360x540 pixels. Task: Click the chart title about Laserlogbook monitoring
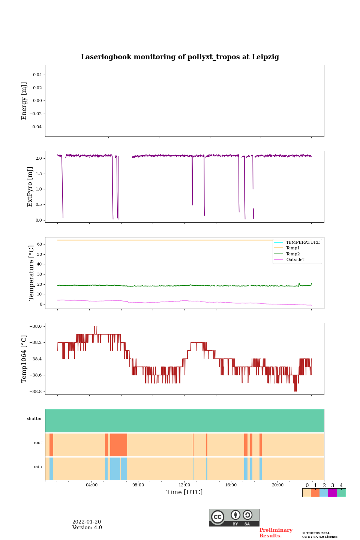[180, 57]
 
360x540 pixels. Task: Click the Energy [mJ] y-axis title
[24, 101]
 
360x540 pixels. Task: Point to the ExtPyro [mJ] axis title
[30, 187]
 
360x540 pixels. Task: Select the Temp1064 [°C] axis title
[24, 359]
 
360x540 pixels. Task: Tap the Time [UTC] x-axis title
[184, 492]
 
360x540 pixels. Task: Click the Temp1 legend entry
[293, 248]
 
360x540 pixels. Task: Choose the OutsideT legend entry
[295, 259]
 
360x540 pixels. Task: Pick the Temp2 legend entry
[293, 254]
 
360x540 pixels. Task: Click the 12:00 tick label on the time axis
[184, 485]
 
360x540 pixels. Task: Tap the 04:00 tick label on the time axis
[91, 485]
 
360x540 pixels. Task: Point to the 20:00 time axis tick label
[277, 485]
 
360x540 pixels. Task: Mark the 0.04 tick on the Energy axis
[37, 75]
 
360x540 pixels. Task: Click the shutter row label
[34, 419]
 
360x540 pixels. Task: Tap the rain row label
[38, 467]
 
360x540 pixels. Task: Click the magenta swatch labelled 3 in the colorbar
[332, 493]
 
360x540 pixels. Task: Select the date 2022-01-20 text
[87, 522]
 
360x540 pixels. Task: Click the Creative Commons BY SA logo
[234, 517]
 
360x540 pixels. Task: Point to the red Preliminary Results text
[276, 533]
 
